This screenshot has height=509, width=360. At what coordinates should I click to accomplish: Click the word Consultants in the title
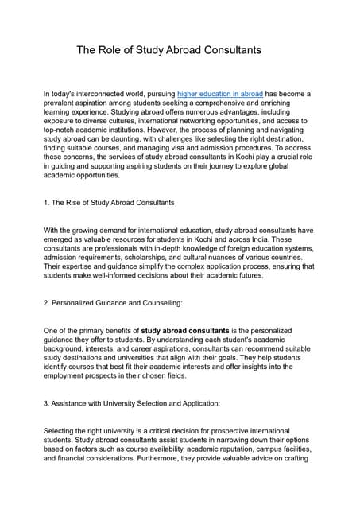(x=226, y=50)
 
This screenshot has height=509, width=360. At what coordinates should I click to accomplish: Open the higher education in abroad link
(x=220, y=94)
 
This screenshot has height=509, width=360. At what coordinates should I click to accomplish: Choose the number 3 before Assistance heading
(x=45, y=403)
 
